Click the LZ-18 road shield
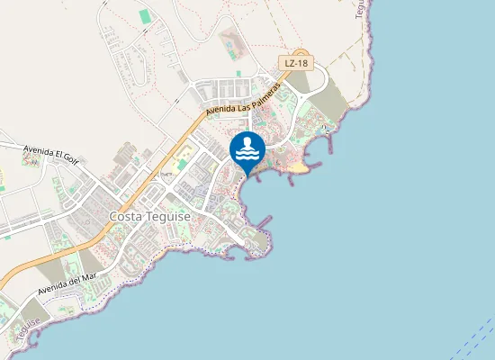point(296,63)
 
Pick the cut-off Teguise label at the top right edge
point(362,9)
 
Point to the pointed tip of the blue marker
point(247,176)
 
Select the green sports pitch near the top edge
point(145,16)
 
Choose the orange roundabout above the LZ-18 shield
point(300,53)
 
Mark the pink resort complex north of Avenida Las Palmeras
point(230,41)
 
